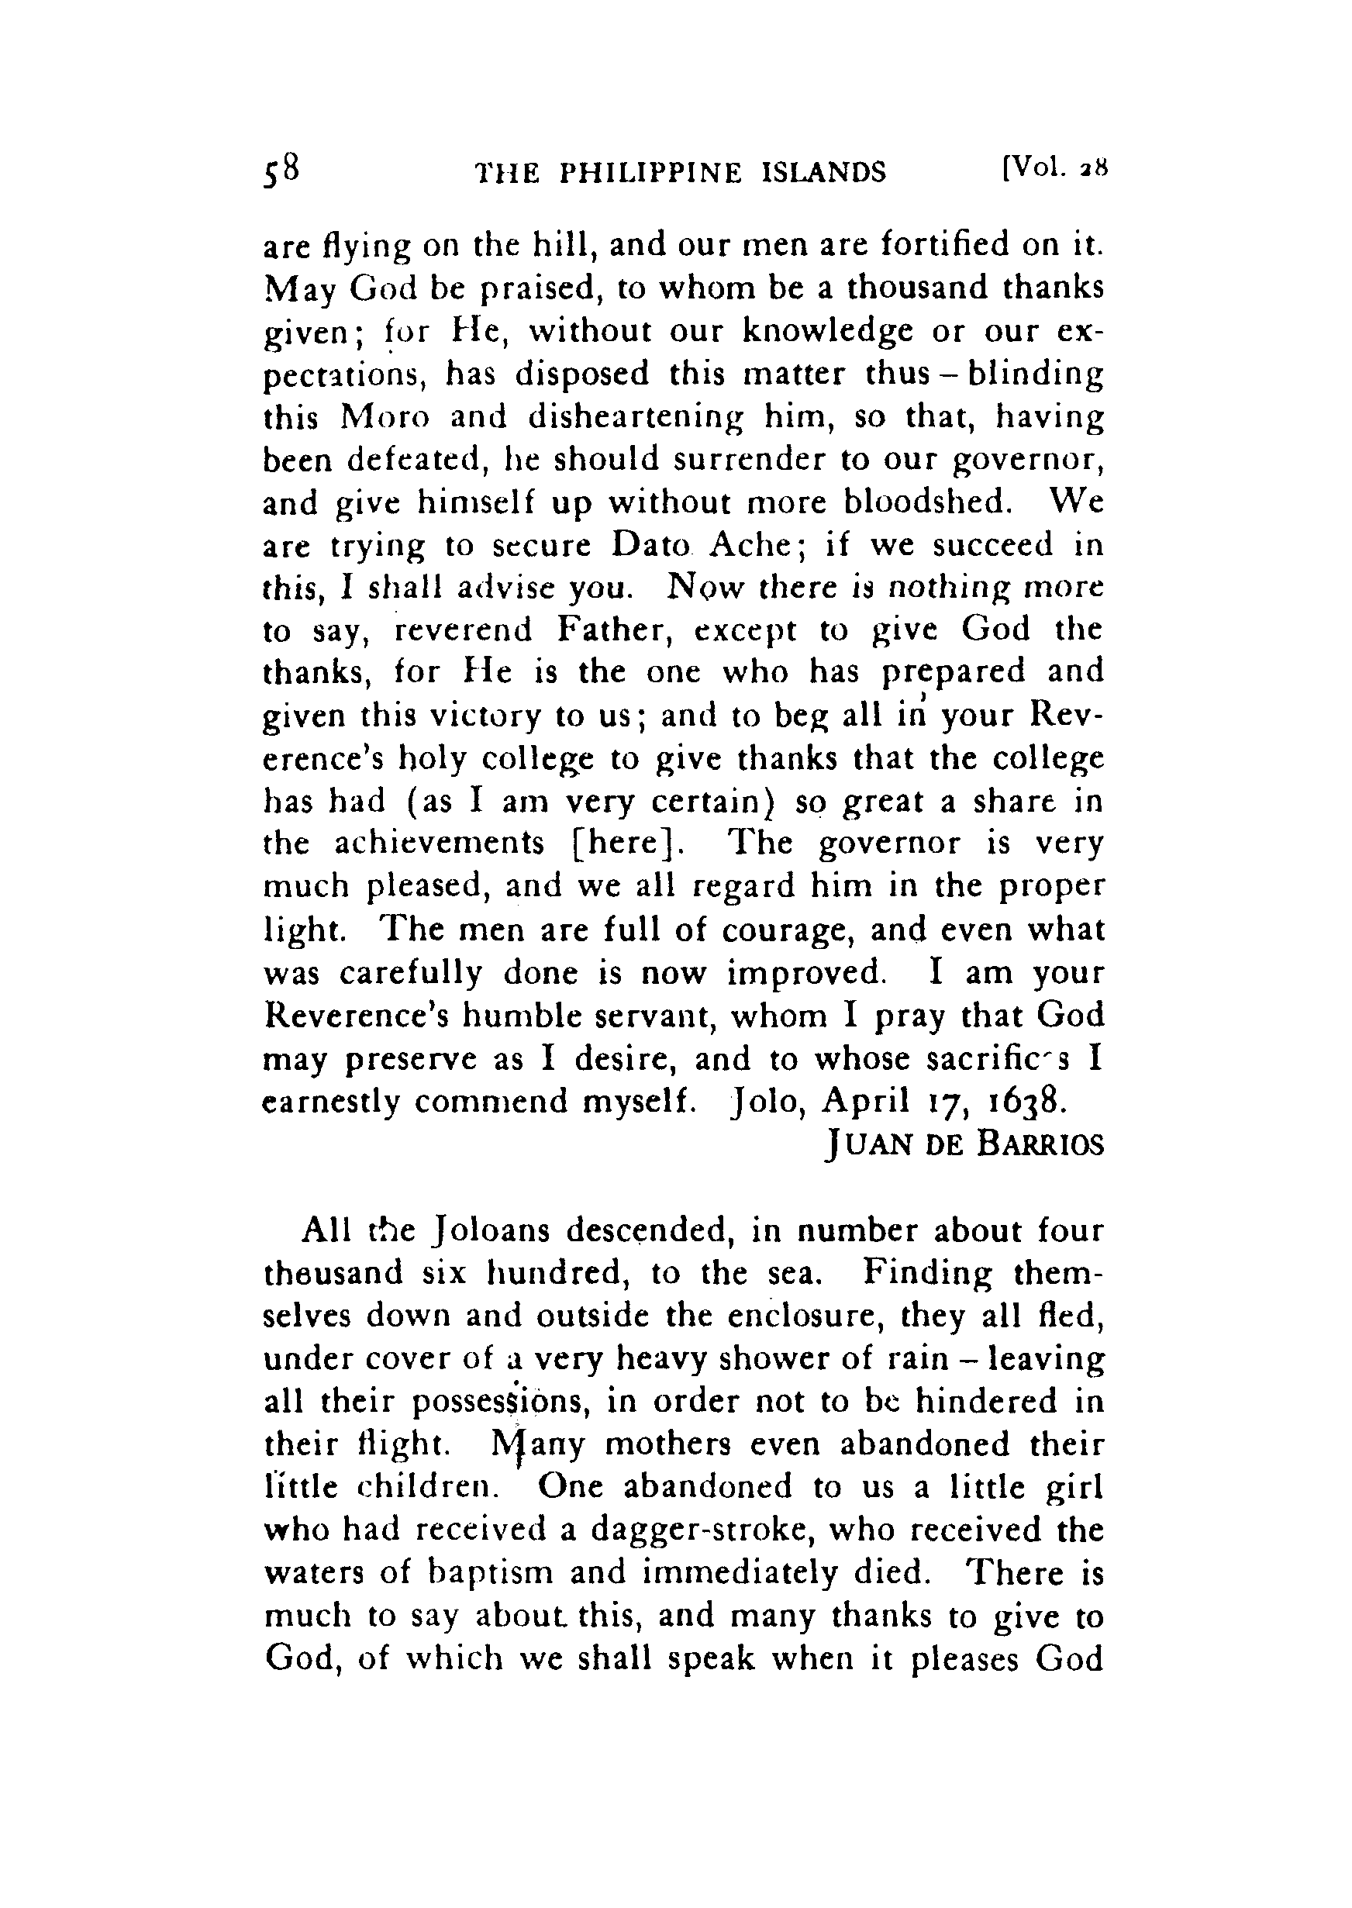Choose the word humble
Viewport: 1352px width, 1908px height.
523,1016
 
